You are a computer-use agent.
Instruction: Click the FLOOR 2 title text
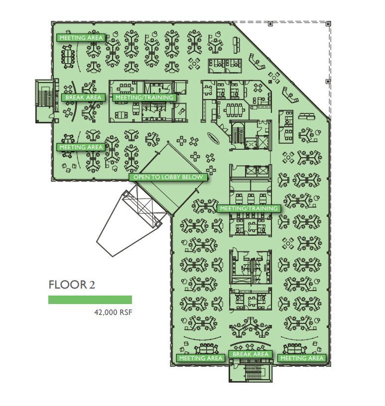click(71, 285)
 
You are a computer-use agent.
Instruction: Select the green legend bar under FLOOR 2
click(90, 300)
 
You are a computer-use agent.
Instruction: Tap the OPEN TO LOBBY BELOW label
click(168, 177)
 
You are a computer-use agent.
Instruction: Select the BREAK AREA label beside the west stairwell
click(84, 98)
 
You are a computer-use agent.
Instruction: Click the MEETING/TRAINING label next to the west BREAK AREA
click(144, 98)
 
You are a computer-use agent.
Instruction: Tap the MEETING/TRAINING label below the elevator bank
click(249, 208)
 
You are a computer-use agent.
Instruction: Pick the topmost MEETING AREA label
click(81, 38)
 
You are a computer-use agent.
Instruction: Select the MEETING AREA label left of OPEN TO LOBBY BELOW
click(81, 147)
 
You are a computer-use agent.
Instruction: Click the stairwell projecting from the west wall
click(42, 100)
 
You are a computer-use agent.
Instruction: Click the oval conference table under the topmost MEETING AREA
click(68, 52)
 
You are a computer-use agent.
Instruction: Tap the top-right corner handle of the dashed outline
click(328, 23)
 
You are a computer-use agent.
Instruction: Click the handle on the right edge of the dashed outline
click(328, 80)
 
